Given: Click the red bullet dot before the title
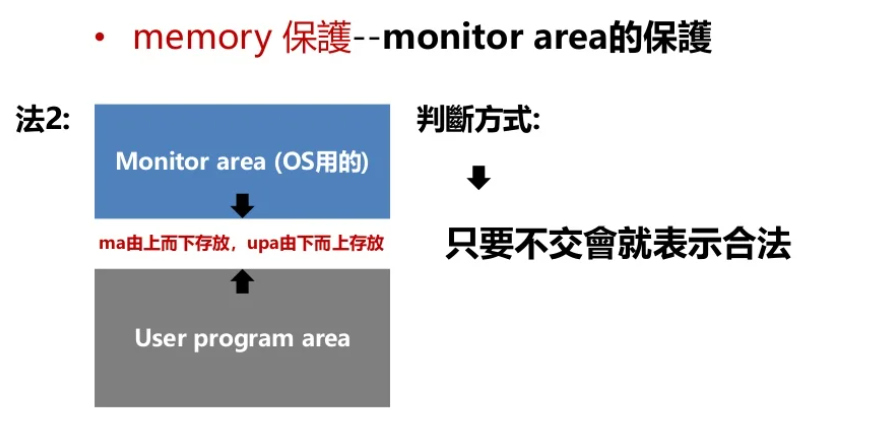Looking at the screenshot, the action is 100,40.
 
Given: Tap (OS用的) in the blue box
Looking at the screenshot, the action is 320,162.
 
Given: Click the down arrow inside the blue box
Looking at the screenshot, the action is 242,206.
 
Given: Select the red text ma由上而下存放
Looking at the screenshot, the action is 163,244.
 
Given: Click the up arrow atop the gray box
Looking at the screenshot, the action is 242,283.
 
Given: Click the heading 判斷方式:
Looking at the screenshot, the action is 478,121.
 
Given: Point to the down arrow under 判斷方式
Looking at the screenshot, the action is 479,178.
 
